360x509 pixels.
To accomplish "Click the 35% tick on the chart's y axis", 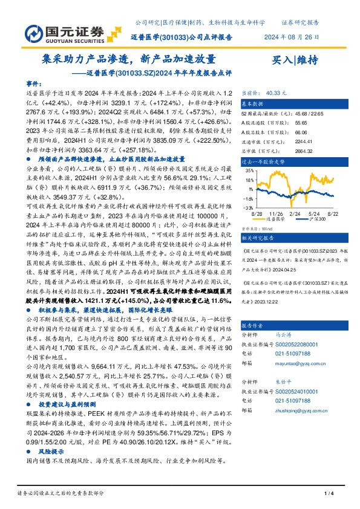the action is coord(249,170).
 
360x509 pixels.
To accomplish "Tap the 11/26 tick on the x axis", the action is coord(276,213).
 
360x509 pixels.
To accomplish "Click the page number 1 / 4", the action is coord(330,494).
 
